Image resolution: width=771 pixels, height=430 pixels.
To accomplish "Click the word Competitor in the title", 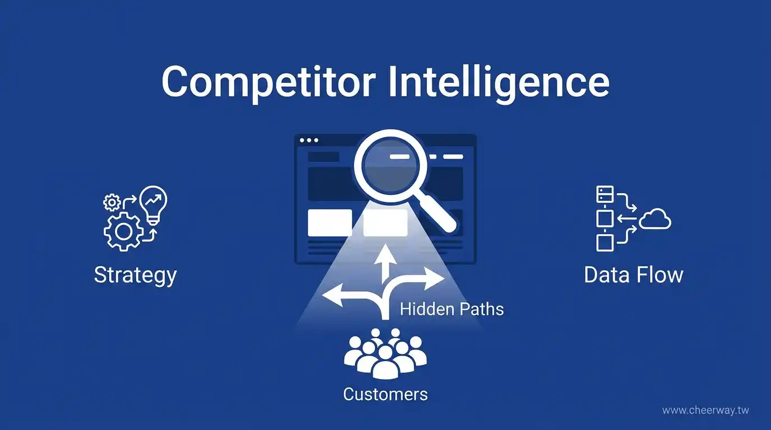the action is (269, 83).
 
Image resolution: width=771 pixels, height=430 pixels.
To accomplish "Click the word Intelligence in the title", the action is (499, 83).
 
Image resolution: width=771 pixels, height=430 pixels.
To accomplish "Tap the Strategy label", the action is (135, 276).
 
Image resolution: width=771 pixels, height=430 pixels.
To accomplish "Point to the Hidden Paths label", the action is (452, 309).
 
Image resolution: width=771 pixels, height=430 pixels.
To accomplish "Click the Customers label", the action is (385, 394).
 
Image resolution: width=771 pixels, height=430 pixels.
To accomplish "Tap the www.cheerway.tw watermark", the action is (705, 410).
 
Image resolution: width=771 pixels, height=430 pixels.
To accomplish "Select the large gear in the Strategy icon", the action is (124, 231).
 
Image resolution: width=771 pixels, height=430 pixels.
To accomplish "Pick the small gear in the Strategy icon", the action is (112, 203).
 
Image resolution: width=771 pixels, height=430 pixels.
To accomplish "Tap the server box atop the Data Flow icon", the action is (605, 194).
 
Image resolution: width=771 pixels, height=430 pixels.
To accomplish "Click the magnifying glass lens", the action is (391, 166).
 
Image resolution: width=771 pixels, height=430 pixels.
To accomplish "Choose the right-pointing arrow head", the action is (434, 278).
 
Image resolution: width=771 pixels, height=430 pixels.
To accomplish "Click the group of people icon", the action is (385, 354).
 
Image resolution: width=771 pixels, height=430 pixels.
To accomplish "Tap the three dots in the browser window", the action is (309, 141).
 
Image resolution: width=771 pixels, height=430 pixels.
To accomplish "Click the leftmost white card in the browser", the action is (330, 223).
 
